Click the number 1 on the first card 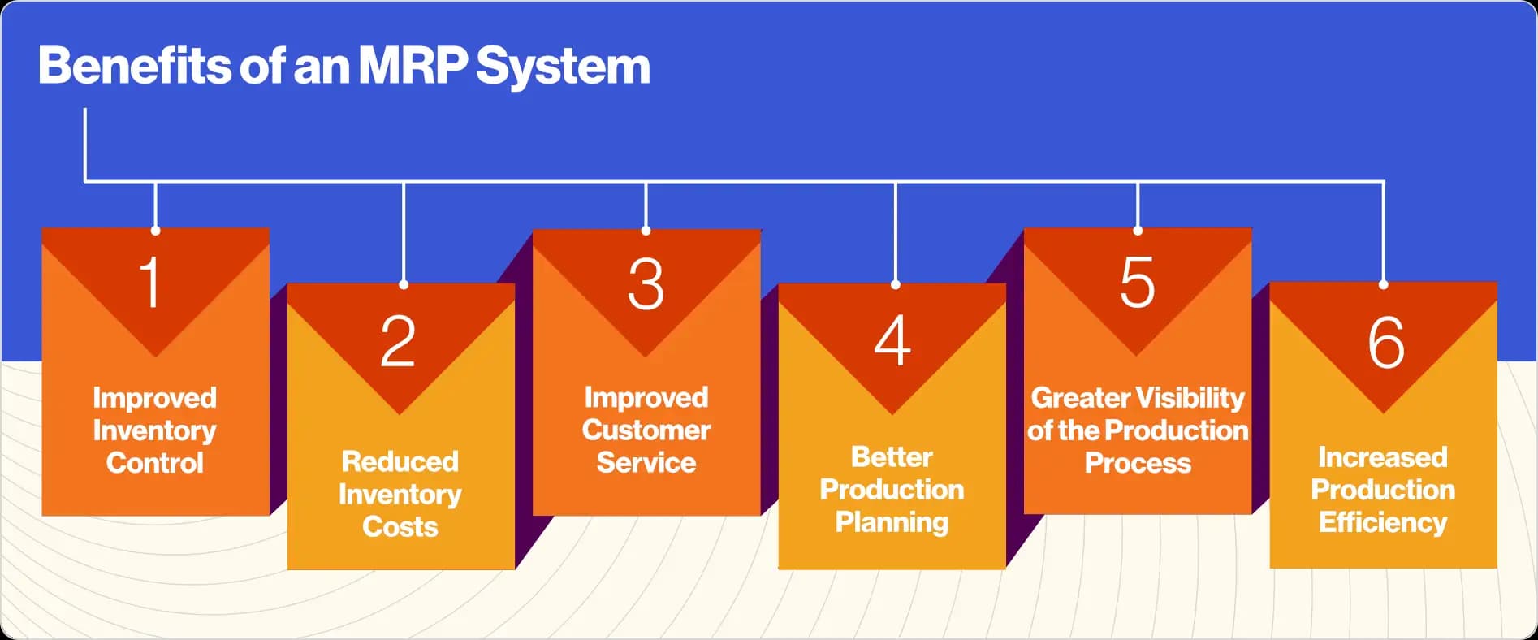pyautogui.click(x=150, y=282)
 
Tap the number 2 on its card pyautogui.click(x=398, y=341)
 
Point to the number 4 pyautogui.click(x=892, y=341)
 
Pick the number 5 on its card pyautogui.click(x=1137, y=282)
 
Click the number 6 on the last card pyautogui.click(x=1385, y=342)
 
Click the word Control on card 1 pyautogui.click(x=155, y=463)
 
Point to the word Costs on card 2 pyautogui.click(x=400, y=526)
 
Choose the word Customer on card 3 pyautogui.click(x=646, y=430)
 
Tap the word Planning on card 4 pyautogui.click(x=892, y=522)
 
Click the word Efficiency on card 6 pyautogui.click(x=1383, y=522)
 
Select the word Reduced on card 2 pyautogui.click(x=400, y=461)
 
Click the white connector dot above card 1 pyautogui.click(x=155, y=231)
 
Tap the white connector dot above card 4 pyautogui.click(x=895, y=285)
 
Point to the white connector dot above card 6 pyautogui.click(x=1384, y=285)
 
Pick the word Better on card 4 pyautogui.click(x=892, y=457)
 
